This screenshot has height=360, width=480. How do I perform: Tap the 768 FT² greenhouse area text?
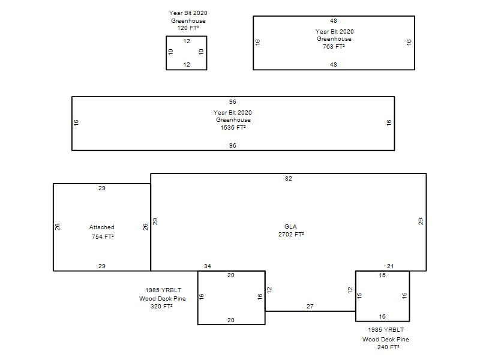tap(334, 46)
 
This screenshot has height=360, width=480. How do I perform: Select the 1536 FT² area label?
tap(233, 127)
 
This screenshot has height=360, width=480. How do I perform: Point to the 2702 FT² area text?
tap(291, 234)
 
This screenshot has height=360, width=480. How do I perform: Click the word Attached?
tap(102, 227)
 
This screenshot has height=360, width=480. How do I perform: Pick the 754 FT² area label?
tap(102, 237)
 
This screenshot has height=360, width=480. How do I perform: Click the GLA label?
tap(291, 226)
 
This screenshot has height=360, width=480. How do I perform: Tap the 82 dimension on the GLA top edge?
tap(289, 179)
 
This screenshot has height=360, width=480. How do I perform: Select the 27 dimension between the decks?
tap(310, 307)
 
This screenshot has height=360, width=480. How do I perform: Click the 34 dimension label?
tap(208, 266)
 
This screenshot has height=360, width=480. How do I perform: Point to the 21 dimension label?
tap(390, 266)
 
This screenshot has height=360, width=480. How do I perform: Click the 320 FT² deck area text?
tap(161, 306)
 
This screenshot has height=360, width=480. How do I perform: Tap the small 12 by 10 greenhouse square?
tap(187, 53)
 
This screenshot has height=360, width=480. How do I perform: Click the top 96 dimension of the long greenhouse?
tap(233, 102)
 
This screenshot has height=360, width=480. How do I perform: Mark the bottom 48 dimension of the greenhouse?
tap(334, 64)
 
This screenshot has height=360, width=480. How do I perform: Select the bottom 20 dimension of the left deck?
tap(231, 320)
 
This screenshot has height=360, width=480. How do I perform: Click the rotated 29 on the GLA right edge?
tap(421, 221)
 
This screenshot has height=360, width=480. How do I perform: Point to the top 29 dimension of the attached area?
tap(102, 188)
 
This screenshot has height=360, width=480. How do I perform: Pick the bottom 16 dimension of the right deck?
tap(382, 316)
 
